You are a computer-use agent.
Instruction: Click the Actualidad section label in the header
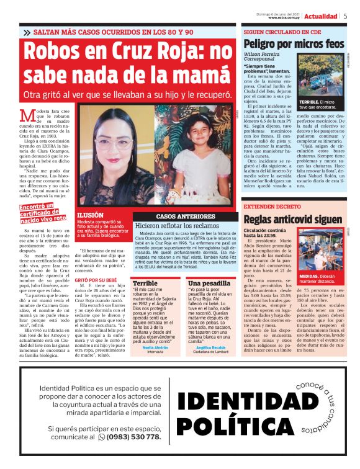[x=321, y=16]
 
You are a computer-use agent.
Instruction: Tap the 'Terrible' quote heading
[x=145, y=283]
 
